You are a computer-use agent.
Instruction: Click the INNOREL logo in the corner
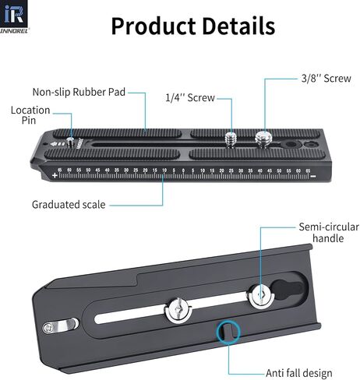coord(15,16)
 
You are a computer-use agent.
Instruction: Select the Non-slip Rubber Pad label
coord(79,92)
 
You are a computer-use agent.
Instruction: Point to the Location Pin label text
coord(30,115)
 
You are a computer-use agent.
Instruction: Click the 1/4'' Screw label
coord(190,98)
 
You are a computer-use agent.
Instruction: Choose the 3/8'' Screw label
coord(326,79)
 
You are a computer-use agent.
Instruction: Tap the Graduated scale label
coord(69,205)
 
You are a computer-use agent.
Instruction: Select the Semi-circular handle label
coord(329,233)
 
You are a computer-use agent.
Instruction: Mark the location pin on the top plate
coord(69,142)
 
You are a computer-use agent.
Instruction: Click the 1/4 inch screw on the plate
coord(231,140)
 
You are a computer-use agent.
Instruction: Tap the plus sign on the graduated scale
coord(55,175)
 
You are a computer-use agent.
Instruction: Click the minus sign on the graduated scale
coord(313,177)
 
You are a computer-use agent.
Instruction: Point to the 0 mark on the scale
coord(183,171)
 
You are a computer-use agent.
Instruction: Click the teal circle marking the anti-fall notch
coord(228,332)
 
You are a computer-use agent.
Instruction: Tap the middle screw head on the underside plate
coord(178,311)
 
